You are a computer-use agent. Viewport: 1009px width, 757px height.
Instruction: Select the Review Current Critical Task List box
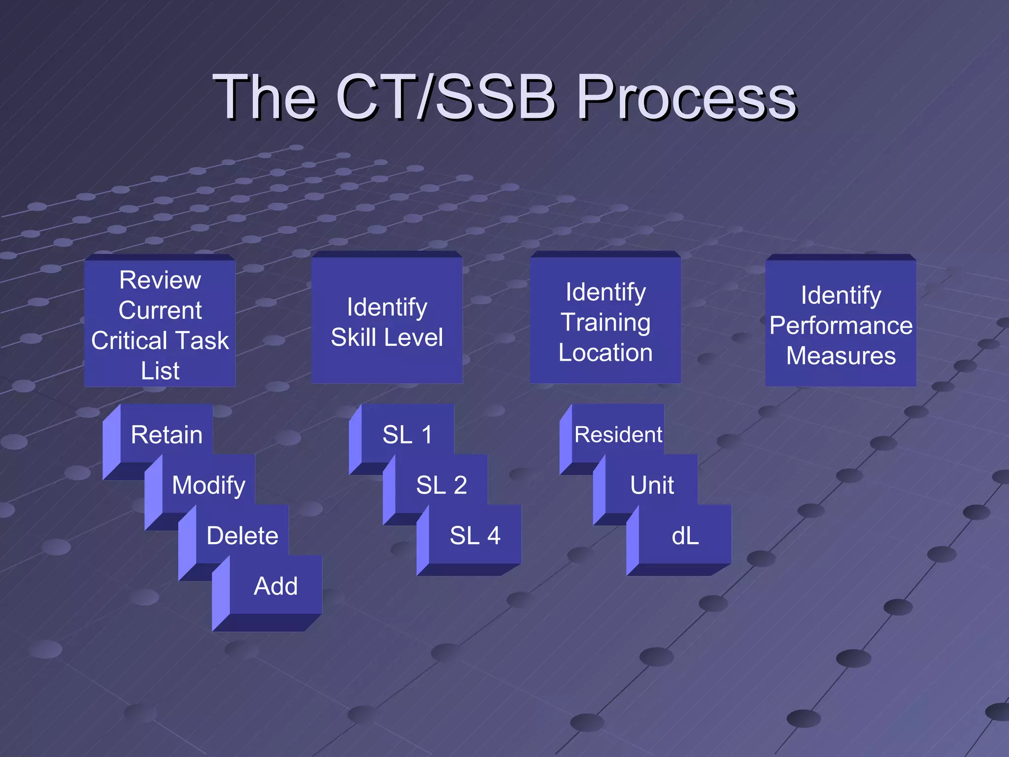tap(160, 323)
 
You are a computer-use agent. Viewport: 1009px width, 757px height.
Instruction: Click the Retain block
tap(167, 435)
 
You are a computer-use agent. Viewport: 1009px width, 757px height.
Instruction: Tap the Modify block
tap(208, 485)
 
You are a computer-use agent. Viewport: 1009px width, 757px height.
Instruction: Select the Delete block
tap(242, 536)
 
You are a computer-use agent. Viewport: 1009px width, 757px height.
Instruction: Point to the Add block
tap(275, 586)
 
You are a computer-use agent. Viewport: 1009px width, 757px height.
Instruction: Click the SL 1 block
tap(407, 435)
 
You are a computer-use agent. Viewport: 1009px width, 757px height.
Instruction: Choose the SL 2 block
tap(441, 485)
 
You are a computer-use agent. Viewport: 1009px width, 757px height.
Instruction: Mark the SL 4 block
tap(475, 536)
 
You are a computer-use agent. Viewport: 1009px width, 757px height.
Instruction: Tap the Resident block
tap(618, 435)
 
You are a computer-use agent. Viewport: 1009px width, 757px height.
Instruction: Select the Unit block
tap(652, 485)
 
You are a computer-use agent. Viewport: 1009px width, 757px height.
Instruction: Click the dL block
tap(685, 536)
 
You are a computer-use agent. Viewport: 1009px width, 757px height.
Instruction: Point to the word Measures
tap(841, 356)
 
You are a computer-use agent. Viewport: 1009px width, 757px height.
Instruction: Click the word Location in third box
tap(605, 353)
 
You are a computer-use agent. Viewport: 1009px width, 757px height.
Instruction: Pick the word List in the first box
tap(160, 371)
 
